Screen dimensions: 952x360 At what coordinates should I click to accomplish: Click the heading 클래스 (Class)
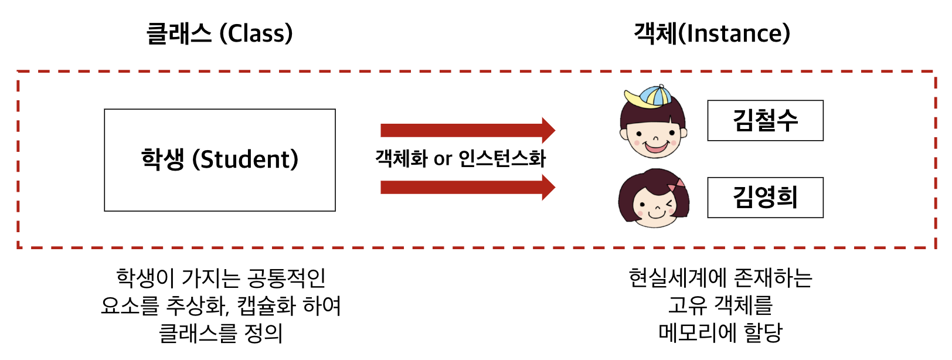click(219, 33)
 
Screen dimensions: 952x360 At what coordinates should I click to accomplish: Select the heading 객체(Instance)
click(712, 33)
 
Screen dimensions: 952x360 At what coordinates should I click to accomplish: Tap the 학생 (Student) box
click(220, 159)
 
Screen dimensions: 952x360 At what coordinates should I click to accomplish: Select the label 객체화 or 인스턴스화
click(460, 158)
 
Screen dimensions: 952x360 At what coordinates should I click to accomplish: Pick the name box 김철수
click(765, 121)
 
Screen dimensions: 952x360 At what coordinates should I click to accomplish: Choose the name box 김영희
click(765, 198)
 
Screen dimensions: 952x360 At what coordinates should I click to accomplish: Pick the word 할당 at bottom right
click(763, 333)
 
